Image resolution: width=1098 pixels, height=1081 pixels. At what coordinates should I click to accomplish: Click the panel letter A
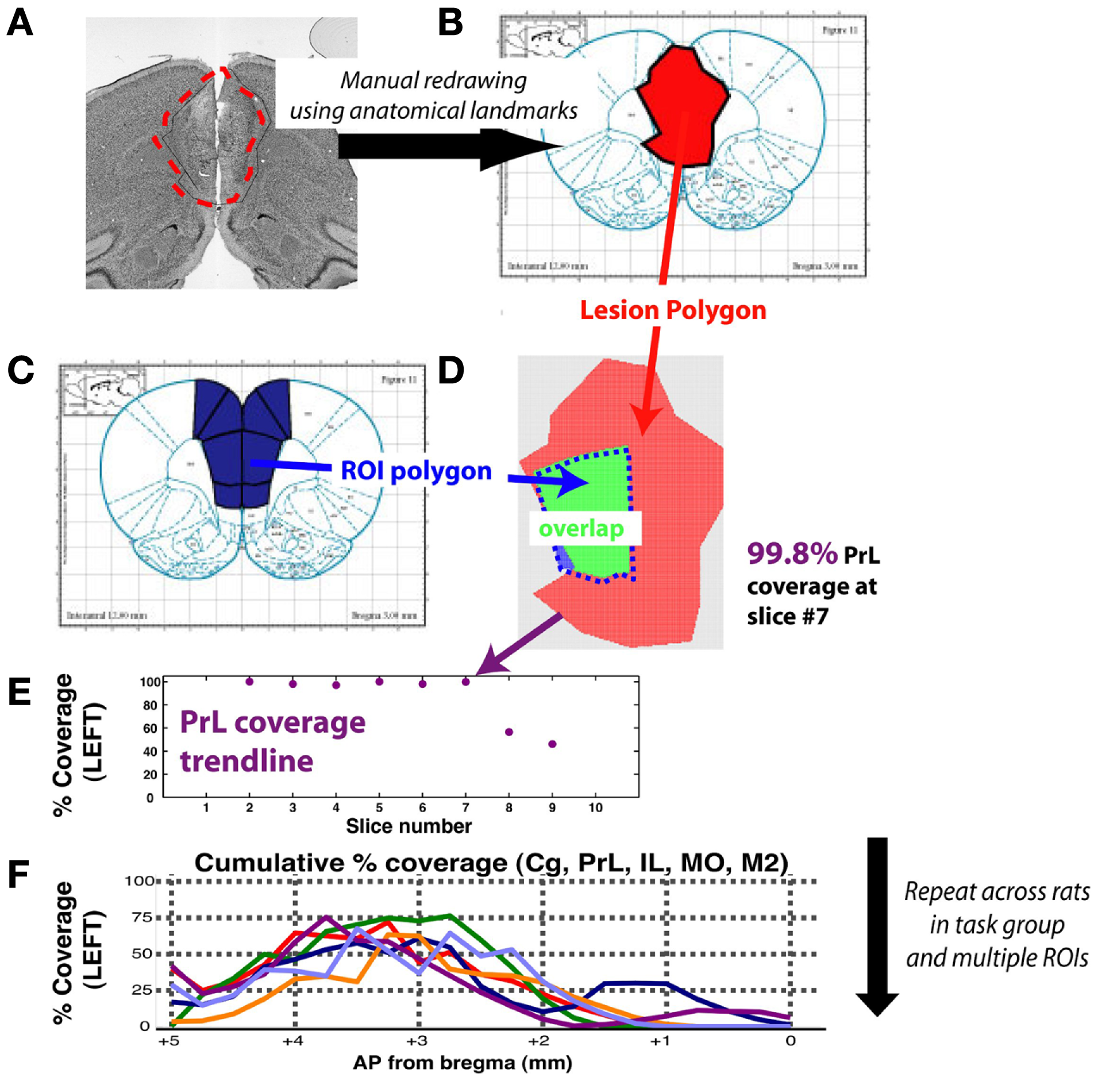pos(20,24)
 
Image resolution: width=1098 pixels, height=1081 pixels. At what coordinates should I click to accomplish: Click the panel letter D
pos(450,371)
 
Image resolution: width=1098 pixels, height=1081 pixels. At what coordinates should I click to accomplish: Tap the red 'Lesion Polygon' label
pos(673,310)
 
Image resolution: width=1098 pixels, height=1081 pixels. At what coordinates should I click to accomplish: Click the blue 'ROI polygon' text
pos(416,471)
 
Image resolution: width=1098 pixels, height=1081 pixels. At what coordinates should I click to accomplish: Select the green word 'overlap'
pos(581,529)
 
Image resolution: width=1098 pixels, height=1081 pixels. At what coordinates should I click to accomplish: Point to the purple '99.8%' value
pos(792,554)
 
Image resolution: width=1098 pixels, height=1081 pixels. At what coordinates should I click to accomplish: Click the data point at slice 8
pos(508,732)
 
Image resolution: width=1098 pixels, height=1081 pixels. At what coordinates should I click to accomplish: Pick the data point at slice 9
pos(552,744)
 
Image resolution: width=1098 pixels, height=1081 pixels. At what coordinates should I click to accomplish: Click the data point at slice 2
pos(249,682)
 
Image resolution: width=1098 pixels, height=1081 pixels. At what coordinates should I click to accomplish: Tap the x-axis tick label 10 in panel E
pos(595,808)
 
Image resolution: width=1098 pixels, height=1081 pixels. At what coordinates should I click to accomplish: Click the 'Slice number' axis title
pos(409,826)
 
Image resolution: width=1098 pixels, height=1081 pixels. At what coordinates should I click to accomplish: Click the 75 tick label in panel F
pos(142,918)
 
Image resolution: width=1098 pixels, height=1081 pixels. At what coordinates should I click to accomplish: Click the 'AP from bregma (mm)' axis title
pos(463,1063)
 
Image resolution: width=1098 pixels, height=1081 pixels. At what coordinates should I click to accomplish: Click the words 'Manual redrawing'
pos(433,80)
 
